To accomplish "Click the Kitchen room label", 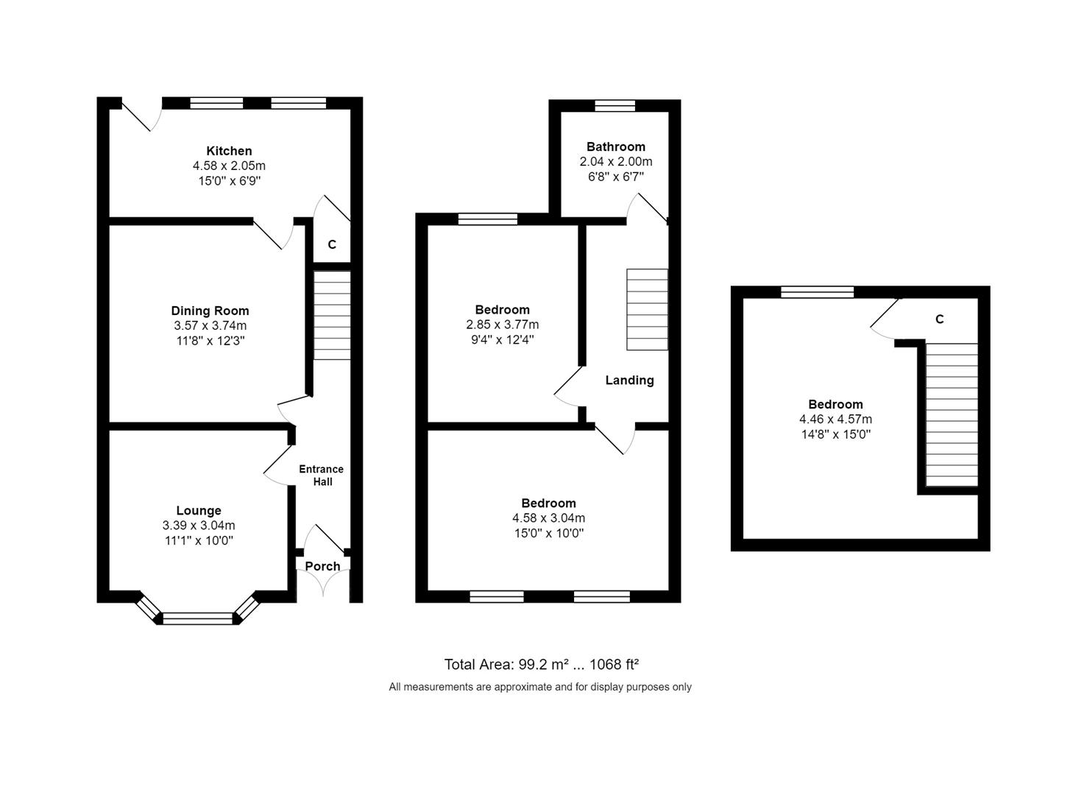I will [229, 151].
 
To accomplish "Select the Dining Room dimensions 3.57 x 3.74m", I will [210, 325].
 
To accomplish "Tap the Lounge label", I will [199, 510].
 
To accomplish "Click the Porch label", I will [322, 566].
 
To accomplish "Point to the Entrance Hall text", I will [321, 475].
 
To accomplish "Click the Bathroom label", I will [616, 146].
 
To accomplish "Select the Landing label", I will [629, 380].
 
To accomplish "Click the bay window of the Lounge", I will [197, 618].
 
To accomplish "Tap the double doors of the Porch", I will [323, 584].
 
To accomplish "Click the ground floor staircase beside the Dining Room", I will [332, 315].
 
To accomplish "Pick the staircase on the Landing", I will [647, 309].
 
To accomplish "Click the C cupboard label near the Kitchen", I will [332, 244].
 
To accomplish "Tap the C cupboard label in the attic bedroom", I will [939, 319].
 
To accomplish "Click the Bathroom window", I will [615, 105].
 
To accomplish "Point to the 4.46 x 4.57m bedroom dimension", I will [835, 419].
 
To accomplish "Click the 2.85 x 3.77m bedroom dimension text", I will [502, 325].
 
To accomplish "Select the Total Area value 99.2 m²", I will [543, 665].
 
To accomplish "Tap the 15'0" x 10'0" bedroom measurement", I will [548, 533].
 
